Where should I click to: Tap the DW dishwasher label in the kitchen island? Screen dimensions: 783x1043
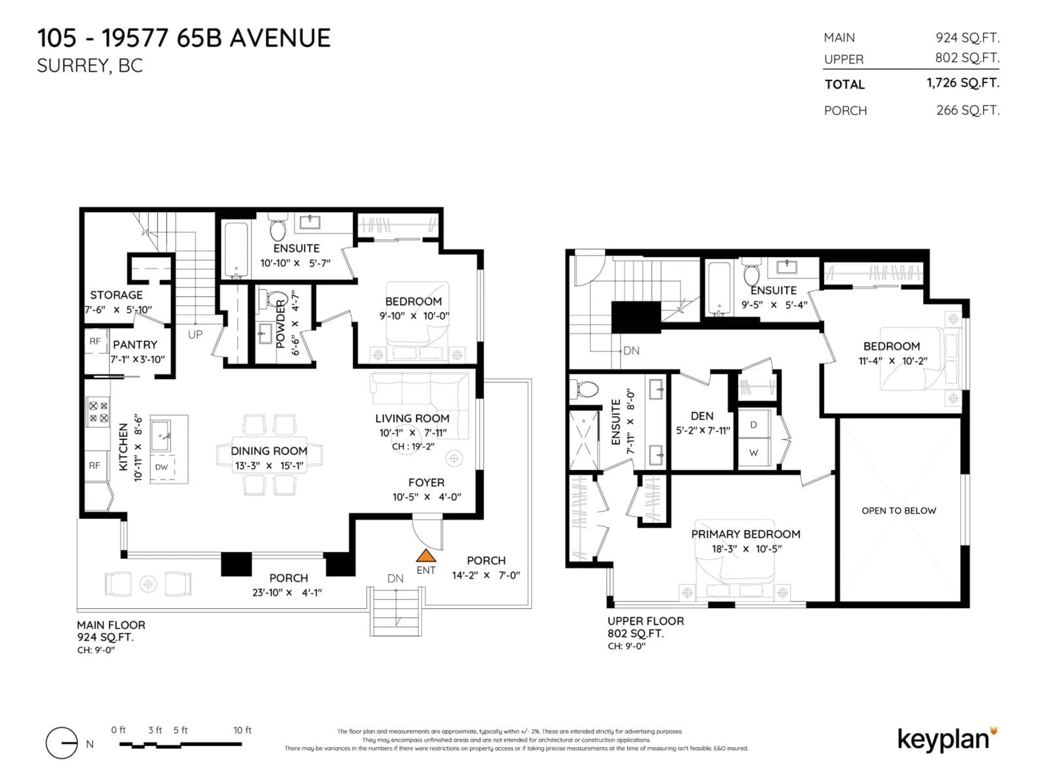point(161,467)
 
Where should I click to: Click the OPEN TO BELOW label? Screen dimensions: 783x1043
point(898,511)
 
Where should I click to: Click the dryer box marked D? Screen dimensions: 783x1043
point(753,425)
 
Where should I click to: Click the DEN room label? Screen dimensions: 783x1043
point(702,416)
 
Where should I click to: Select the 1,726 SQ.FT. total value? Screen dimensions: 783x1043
point(963,83)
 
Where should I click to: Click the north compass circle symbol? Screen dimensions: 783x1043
point(62,743)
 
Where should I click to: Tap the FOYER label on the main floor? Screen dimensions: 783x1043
point(426,482)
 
